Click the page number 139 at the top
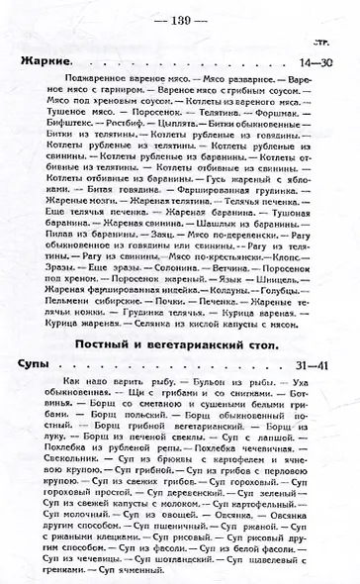(179, 20)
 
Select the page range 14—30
(321, 63)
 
